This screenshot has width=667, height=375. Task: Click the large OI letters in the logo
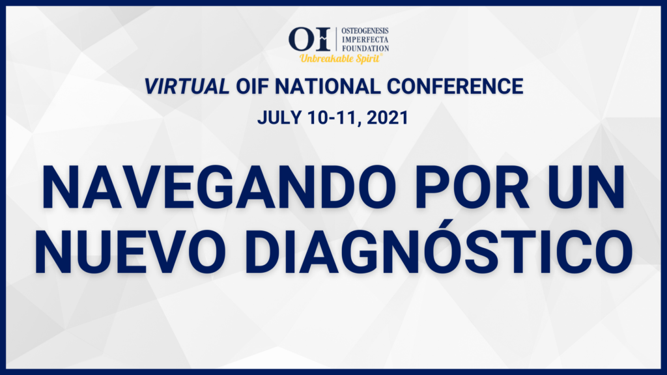(309, 39)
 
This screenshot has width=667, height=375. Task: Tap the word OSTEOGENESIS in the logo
(365, 31)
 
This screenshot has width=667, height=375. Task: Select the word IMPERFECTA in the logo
(365, 40)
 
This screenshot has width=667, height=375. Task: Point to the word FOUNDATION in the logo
(365, 48)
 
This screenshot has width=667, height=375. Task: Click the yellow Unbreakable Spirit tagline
(340, 59)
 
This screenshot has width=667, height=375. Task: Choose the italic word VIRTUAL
(187, 87)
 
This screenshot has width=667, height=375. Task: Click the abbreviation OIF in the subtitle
(252, 87)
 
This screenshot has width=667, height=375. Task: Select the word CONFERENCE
(455, 87)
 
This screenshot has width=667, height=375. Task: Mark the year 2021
(387, 118)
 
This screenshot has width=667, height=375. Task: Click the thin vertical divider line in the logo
(337, 40)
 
